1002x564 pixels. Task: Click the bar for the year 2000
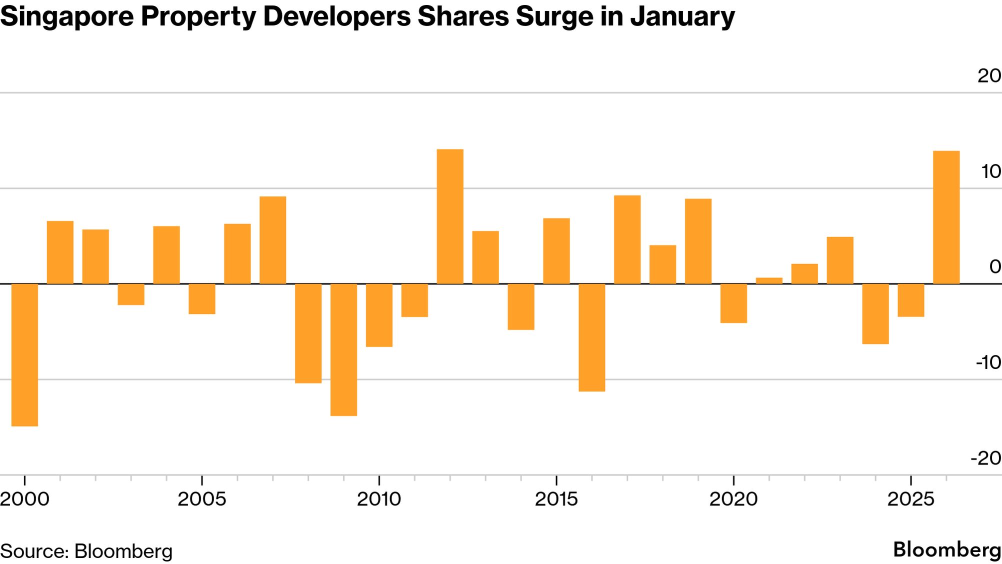point(24,354)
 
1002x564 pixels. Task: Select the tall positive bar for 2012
point(450,216)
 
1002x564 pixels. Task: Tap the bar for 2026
point(946,217)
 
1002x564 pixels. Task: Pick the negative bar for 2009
point(343,349)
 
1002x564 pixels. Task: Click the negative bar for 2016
point(592,337)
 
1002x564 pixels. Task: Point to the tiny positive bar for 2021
point(769,280)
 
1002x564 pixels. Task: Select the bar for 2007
point(273,240)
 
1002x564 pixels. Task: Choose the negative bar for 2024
point(875,313)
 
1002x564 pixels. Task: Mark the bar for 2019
point(698,241)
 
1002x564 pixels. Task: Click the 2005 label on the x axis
point(202,499)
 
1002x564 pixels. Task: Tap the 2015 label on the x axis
point(556,499)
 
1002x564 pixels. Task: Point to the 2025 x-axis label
point(910,499)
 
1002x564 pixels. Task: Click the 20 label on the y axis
point(989,76)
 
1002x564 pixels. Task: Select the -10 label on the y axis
point(988,362)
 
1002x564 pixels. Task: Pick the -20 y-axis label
point(986,458)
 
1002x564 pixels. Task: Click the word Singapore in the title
point(67,16)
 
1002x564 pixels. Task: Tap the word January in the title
point(682,16)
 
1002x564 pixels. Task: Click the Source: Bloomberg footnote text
point(86,551)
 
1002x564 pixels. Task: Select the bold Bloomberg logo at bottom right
point(947,549)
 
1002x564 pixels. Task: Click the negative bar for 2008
point(308,333)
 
